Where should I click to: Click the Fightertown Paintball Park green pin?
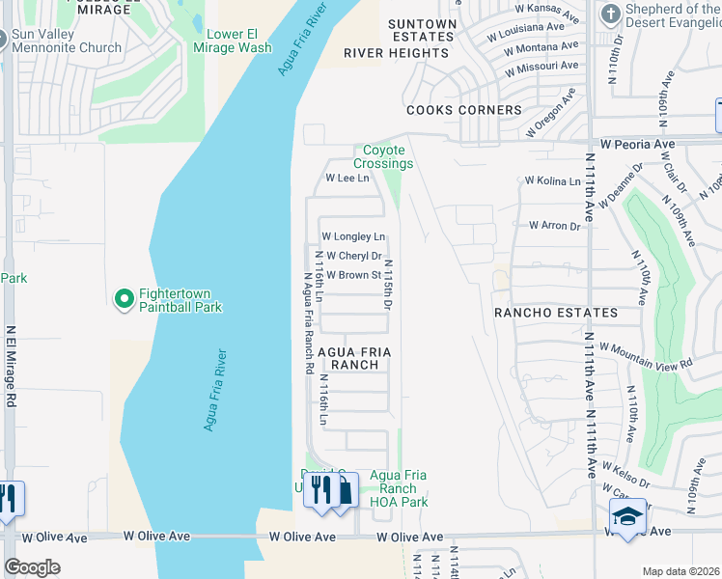(x=124, y=300)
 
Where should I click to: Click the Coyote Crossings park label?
(x=383, y=156)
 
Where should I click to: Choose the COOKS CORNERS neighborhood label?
(x=463, y=110)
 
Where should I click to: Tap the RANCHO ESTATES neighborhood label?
(x=555, y=313)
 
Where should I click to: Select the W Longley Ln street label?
(x=353, y=236)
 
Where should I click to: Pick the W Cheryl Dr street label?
(x=354, y=256)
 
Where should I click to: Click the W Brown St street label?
(x=354, y=275)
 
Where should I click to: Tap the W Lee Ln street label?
(x=347, y=179)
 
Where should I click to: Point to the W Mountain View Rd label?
(x=646, y=354)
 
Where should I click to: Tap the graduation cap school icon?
(x=627, y=516)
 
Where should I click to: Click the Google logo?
(x=32, y=567)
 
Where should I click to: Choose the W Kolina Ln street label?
(x=552, y=180)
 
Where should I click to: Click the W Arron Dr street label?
(x=554, y=226)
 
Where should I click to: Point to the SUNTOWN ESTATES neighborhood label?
(x=422, y=30)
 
